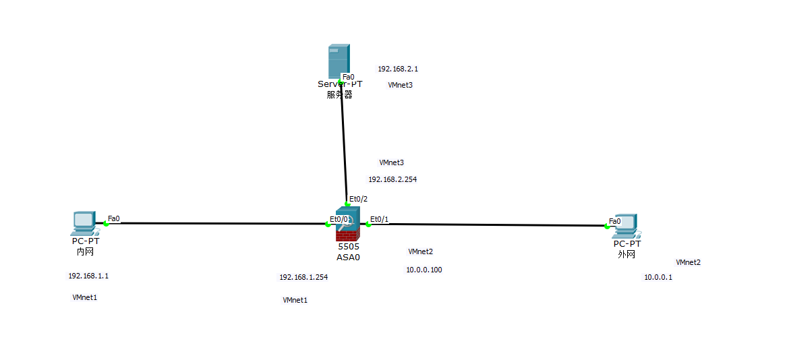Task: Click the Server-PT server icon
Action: click(x=339, y=61)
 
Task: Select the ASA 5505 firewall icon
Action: click(x=348, y=224)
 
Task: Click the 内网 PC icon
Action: click(x=84, y=223)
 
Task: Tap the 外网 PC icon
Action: click(x=626, y=226)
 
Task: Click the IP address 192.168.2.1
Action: click(x=398, y=69)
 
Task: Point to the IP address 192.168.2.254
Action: click(x=392, y=180)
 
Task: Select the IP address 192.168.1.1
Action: click(x=88, y=276)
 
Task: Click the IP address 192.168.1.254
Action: click(x=303, y=277)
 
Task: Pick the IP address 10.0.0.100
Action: click(x=424, y=270)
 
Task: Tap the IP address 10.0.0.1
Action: click(x=658, y=277)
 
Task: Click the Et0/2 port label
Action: click(x=358, y=198)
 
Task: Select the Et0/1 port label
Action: click(x=380, y=219)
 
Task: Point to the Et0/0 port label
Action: click(x=339, y=219)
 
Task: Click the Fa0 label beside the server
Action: click(x=348, y=77)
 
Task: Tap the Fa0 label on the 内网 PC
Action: click(x=113, y=218)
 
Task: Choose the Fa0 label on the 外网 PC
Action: click(x=614, y=221)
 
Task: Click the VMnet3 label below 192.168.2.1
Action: click(x=400, y=85)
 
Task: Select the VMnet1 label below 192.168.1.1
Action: click(x=85, y=297)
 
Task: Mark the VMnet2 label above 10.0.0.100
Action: click(x=420, y=251)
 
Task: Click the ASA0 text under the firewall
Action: click(x=348, y=257)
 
